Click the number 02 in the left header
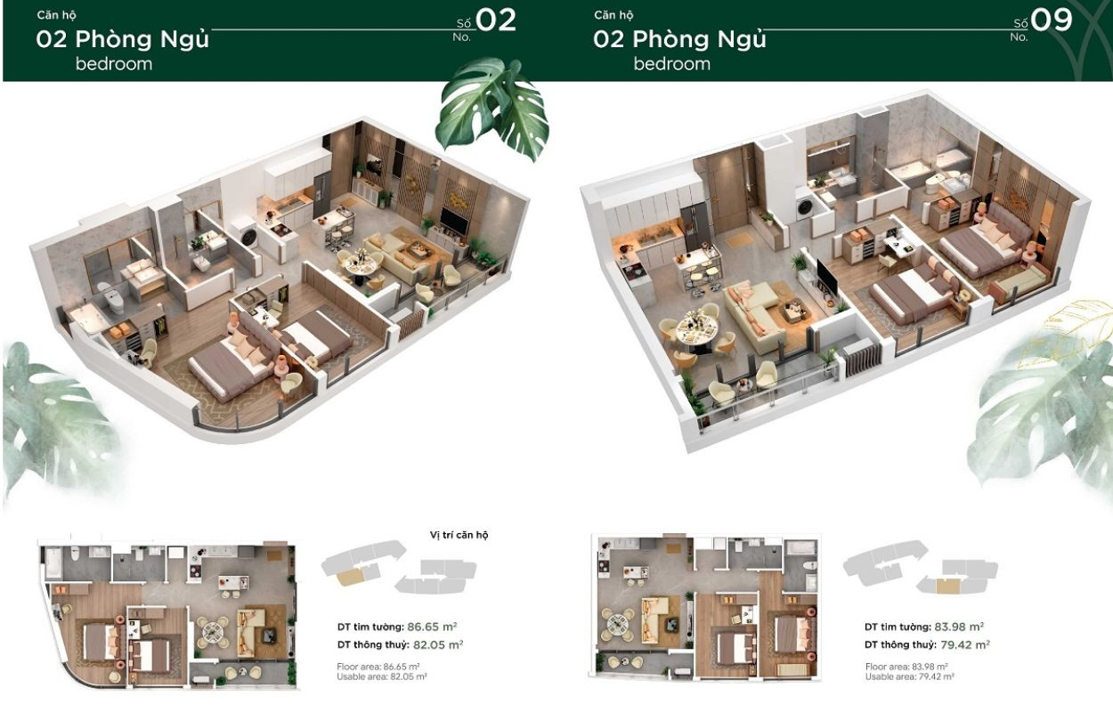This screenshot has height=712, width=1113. pos(496,20)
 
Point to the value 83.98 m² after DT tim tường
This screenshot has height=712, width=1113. pos(959,626)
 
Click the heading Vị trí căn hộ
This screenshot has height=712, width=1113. pos(459,535)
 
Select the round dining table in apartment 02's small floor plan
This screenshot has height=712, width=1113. pos(214,631)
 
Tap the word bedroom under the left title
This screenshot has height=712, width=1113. pos(114,64)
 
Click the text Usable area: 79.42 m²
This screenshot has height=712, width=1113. pos(909,676)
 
